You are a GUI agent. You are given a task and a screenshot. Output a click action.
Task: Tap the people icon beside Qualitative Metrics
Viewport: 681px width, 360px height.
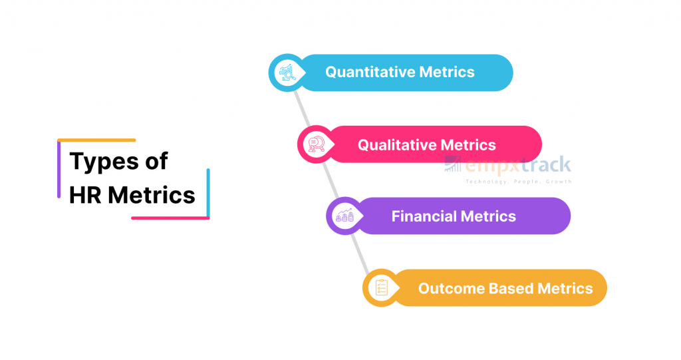(x=315, y=144)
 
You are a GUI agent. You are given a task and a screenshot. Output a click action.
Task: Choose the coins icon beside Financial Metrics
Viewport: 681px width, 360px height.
(x=344, y=216)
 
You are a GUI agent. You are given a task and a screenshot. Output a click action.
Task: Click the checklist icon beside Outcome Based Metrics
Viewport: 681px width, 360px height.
(x=381, y=288)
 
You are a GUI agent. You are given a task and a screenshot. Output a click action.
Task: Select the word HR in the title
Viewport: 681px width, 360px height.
(x=85, y=195)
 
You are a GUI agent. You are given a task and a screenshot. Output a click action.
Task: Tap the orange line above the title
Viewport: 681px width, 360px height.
(x=96, y=140)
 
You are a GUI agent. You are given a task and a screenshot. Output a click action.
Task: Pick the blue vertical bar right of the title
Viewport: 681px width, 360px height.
(x=208, y=192)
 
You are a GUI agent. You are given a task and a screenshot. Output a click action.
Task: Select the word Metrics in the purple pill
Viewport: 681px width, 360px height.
(x=490, y=216)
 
